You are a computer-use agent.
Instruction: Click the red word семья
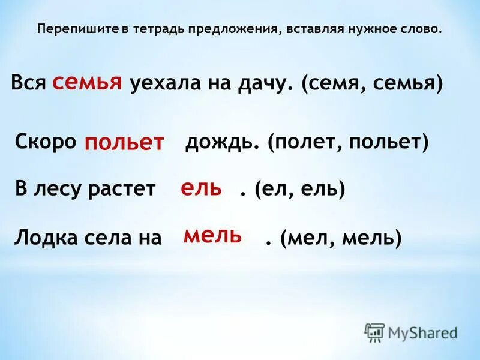[x=88, y=82]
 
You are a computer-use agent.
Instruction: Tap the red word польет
[x=124, y=143]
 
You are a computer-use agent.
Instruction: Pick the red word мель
[x=213, y=235]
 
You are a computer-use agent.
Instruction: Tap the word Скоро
[x=46, y=142]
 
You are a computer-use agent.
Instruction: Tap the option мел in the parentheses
[x=307, y=238]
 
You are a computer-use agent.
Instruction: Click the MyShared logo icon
[x=375, y=332]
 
